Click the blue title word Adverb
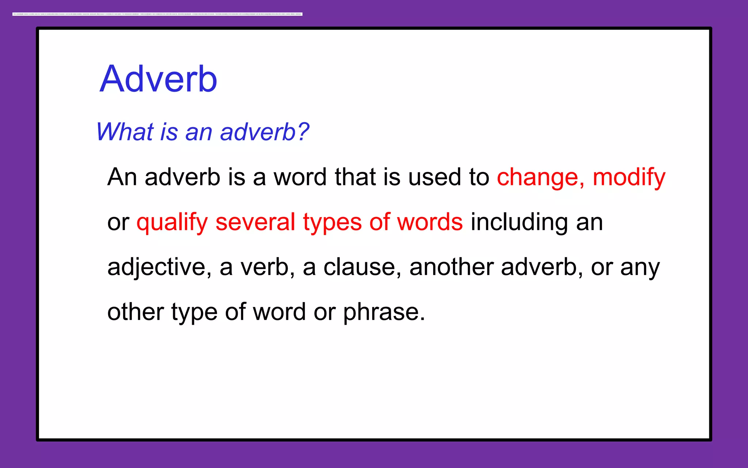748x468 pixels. click(159, 79)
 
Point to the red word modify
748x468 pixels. click(629, 178)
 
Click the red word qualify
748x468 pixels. click(172, 223)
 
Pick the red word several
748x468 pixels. click(255, 222)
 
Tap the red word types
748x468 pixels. click(332, 223)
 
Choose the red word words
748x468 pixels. click(430, 222)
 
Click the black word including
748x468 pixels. click(519, 223)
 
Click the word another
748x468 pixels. click(451, 267)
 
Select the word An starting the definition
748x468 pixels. click(122, 177)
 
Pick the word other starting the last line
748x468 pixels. click(136, 312)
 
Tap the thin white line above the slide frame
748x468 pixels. click(157, 14)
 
